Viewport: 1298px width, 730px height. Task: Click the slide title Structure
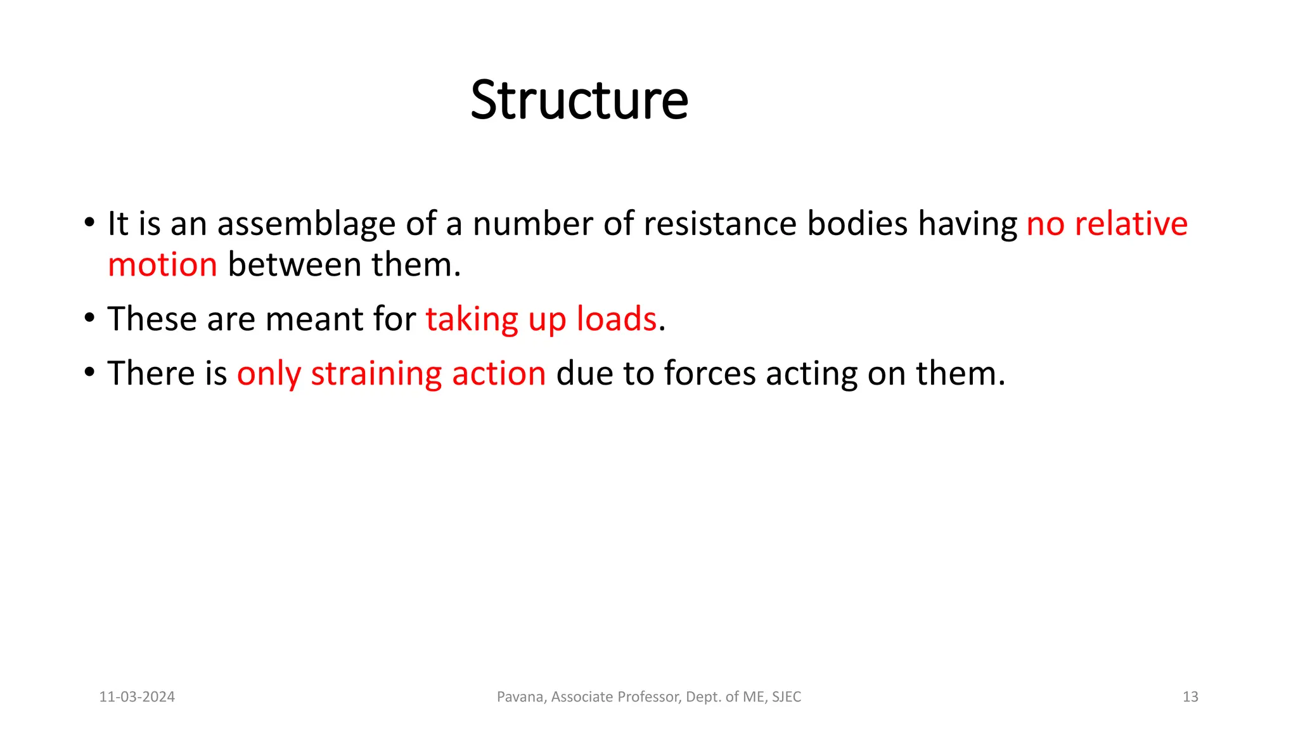[x=579, y=101]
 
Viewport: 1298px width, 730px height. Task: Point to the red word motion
[x=162, y=265]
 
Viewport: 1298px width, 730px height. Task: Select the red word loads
[x=616, y=319]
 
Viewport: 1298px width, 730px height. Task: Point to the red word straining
[x=376, y=374]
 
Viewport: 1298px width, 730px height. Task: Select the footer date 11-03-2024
[x=137, y=697]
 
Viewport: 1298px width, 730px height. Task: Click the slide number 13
[x=1190, y=697]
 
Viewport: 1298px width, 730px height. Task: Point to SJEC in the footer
[x=787, y=697]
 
